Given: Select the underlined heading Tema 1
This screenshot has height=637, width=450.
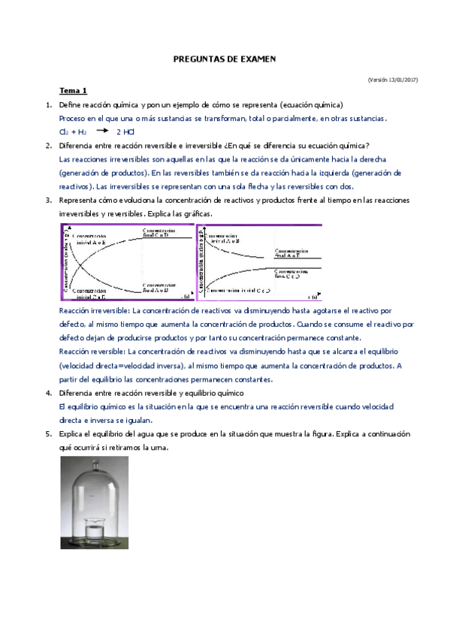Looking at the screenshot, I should coord(74,91).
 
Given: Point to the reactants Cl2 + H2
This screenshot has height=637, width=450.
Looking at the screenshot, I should coord(73,132).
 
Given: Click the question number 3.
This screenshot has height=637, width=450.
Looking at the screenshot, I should coord(49,200).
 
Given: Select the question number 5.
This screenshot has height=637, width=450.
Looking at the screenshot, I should coord(49,434).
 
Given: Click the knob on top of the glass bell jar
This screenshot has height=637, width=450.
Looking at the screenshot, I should coord(100,463).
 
